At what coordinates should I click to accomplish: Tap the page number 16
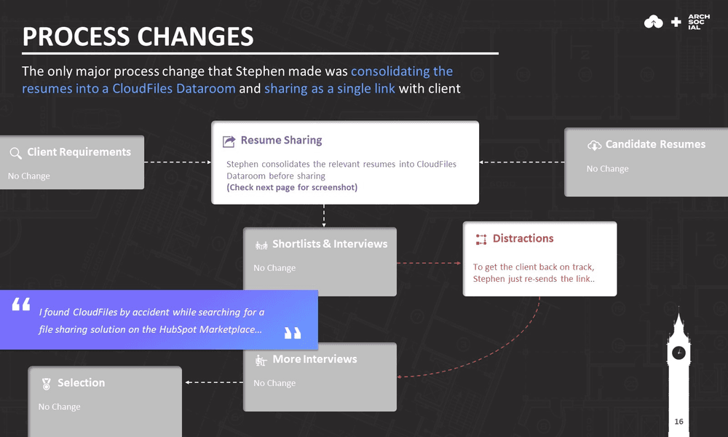(x=678, y=422)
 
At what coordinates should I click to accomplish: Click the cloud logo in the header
(x=654, y=23)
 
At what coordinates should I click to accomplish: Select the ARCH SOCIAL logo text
(x=698, y=22)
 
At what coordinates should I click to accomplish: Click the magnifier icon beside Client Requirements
(x=15, y=153)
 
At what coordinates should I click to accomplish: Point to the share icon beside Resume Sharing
(x=229, y=141)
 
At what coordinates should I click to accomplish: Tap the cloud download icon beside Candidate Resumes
(x=594, y=145)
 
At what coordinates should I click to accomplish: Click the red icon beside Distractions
(x=480, y=239)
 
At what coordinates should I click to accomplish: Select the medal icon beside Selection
(x=47, y=383)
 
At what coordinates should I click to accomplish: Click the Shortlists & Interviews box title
(x=329, y=244)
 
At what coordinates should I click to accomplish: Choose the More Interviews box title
(x=314, y=359)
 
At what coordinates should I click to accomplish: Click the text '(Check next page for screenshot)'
(x=292, y=187)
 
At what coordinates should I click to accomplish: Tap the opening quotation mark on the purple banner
(x=21, y=304)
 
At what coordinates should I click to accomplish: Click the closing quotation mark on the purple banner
(x=292, y=333)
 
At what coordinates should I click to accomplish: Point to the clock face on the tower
(x=678, y=353)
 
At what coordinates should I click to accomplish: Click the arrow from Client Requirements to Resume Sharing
(x=178, y=162)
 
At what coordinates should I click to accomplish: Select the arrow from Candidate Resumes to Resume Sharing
(x=521, y=162)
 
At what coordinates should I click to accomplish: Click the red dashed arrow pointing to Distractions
(x=430, y=263)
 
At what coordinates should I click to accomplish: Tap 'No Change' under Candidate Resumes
(x=607, y=169)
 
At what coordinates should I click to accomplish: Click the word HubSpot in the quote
(x=173, y=329)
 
